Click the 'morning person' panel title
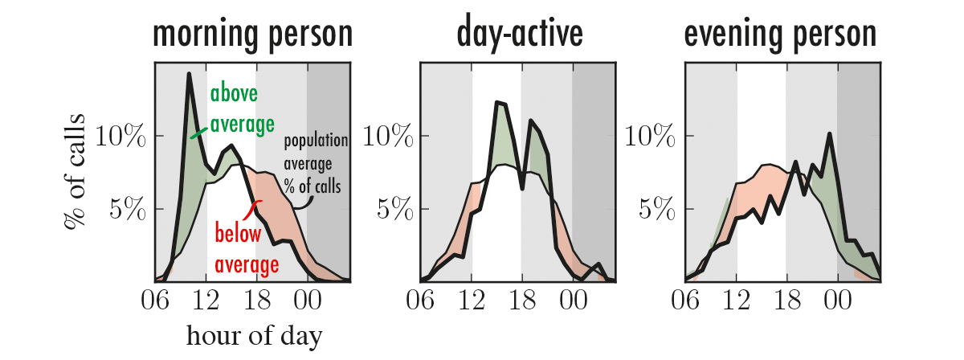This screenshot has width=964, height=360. [x=253, y=35]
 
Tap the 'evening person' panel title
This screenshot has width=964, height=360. [x=780, y=35]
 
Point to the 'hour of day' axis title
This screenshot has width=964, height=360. [x=254, y=336]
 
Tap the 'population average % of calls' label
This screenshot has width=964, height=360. [x=316, y=164]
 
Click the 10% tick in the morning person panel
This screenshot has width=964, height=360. [x=120, y=136]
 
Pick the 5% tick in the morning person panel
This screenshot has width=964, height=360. [x=127, y=210]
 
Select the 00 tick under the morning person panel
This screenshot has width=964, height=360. [x=306, y=301]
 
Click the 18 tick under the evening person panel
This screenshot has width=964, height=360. [x=786, y=301]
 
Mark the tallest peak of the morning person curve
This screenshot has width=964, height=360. [x=189, y=74]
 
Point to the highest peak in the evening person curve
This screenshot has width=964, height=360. [x=829, y=134]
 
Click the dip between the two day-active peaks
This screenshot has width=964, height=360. [x=523, y=189]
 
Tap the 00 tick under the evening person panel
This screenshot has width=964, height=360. [x=837, y=301]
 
